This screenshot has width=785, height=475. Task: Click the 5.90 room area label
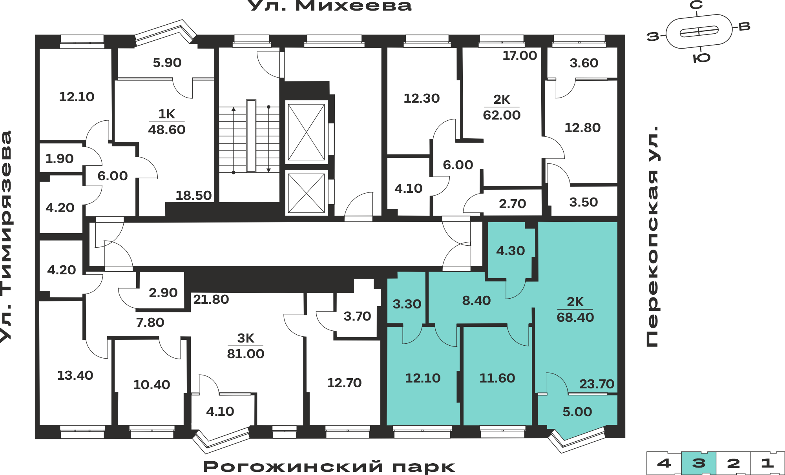coord(167,63)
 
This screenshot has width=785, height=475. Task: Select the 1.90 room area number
coord(59,159)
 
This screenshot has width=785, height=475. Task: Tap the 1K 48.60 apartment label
coord(167,122)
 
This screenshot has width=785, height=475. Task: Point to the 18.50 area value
coord(194,196)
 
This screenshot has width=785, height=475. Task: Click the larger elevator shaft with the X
coord(307,132)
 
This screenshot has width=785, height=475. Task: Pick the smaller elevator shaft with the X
coord(307,193)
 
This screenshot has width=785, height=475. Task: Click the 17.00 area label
coord(520,56)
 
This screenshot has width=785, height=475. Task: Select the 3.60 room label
coord(584,63)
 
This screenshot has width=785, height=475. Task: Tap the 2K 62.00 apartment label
coord(502,107)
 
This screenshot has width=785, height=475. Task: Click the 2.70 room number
coord(513,204)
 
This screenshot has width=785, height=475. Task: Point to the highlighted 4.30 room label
coord(511,251)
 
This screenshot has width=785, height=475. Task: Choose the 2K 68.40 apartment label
coord(575,310)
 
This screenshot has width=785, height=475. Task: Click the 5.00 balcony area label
coord(577,412)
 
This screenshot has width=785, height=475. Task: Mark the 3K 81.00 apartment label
coord(246,346)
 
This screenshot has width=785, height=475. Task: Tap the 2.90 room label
coord(163,293)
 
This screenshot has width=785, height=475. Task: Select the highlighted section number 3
coord(699,463)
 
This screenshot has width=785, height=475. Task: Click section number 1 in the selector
coord(768,463)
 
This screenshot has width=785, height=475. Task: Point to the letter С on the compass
coord(696,5)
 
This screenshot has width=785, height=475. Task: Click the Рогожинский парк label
coord(329,467)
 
